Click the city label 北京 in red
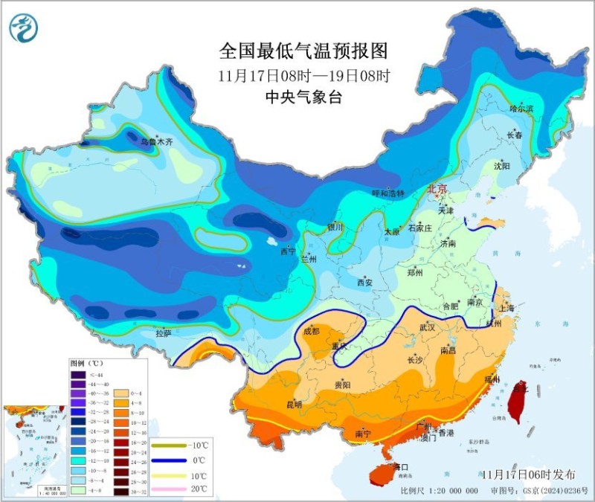pos(437,190)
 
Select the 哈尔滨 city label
pos(521,109)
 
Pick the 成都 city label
pos(311,331)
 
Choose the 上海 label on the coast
pos(507,307)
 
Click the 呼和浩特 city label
pos(387,193)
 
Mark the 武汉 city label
pos(428,327)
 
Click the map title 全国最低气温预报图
pos(303,51)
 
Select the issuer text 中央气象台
pos(303,97)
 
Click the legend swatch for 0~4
pos(120,393)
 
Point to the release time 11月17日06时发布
pos(533,474)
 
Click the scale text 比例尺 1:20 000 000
pos(439,491)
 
